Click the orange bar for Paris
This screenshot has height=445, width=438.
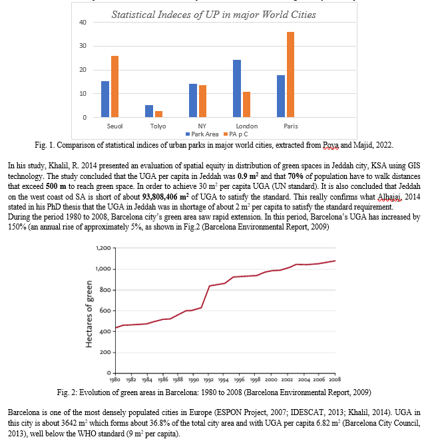tap(290, 74)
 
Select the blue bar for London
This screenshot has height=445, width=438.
tap(237, 88)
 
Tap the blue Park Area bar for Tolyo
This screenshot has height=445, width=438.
tap(149, 111)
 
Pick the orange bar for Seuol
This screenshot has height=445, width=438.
tap(114, 86)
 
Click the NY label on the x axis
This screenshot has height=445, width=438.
tap(202, 126)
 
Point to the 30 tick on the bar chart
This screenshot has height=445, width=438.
tap(83, 46)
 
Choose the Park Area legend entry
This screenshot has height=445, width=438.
tap(202, 134)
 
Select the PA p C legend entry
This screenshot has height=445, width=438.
tap(236, 134)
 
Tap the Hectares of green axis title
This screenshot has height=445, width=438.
tap(89, 314)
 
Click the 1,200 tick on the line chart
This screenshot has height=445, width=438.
tap(103, 248)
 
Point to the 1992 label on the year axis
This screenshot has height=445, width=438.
tap(208, 379)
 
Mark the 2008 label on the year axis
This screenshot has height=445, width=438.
tap(335, 379)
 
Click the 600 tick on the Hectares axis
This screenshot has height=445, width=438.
tap(105, 311)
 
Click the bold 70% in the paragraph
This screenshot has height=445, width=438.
tap(296, 176)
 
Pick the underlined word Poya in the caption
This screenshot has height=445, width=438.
tap(331, 145)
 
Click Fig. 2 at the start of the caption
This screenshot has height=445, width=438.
tap(67, 392)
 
